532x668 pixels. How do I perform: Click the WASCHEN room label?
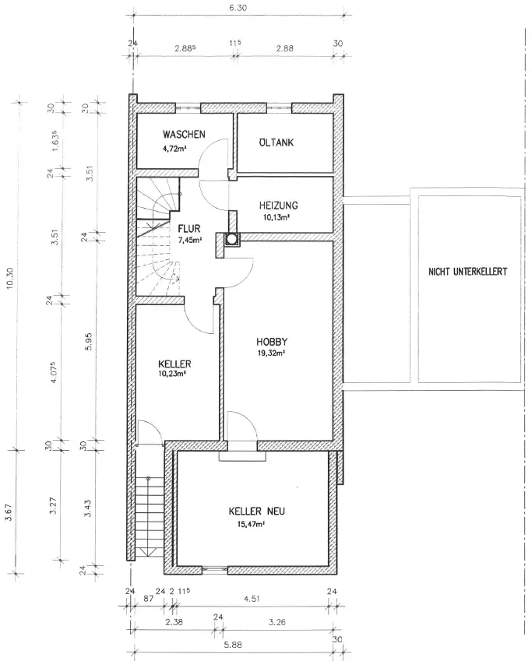tap(184, 135)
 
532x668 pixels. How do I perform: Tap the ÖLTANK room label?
tap(277, 142)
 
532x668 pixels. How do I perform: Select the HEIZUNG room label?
tap(278, 206)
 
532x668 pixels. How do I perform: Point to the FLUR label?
tap(188, 229)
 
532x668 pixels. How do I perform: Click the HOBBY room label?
tap(272, 342)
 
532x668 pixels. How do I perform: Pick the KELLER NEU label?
tap(256, 512)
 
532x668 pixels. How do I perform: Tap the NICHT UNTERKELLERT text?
tap(467, 272)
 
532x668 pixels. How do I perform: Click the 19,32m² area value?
tap(271, 353)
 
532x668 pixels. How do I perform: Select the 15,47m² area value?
tap(251, 524)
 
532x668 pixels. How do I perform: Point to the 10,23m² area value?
tap(172, 374)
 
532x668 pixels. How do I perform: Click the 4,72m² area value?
tap(174, 149)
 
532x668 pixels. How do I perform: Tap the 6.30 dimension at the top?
tap(238, 8)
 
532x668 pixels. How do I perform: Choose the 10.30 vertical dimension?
tap(11, 278)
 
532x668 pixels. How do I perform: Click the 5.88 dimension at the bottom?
tap(233, 645)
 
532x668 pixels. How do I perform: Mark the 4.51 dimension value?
tap(252, 599)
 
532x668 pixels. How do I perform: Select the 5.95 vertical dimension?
tap(89, 342)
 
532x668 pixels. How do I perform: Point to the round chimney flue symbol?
tap(232, 239)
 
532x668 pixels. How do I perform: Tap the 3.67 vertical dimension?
tap(8, 512)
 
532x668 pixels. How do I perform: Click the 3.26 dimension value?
tap(277, 622)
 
